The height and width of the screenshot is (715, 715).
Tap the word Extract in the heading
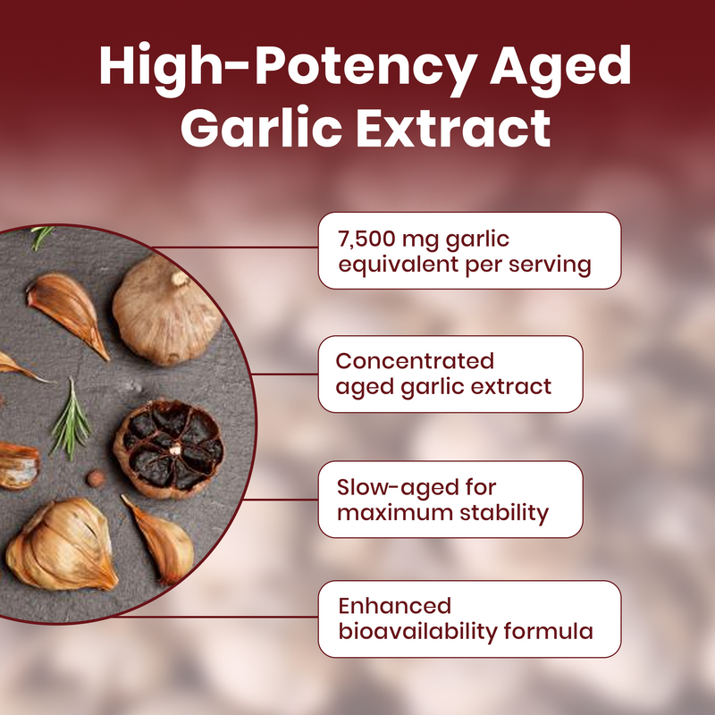[453, 127]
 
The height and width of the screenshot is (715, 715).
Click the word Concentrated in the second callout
[415, 361]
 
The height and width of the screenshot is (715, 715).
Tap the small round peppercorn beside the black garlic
[95, 479]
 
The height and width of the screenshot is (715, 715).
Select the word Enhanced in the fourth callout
[394, 606]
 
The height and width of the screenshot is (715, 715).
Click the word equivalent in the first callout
[390, 265]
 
